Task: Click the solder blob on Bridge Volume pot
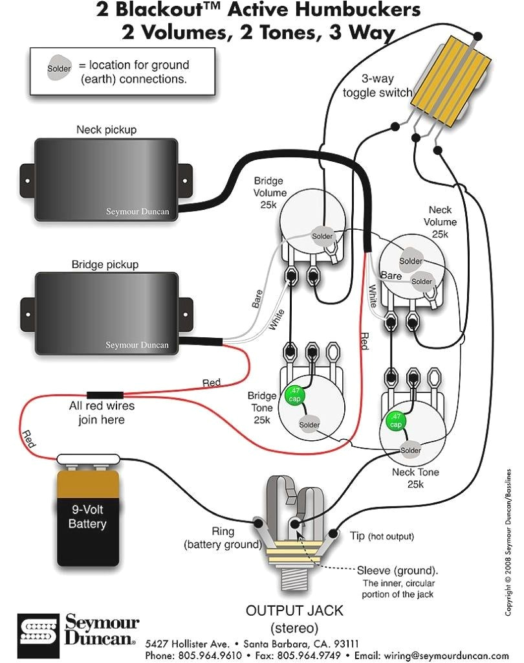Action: [x=322, y=235]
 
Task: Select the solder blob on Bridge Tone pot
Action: [x=309, y=425]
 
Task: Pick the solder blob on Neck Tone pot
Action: [x=410, y=450]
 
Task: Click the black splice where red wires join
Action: [x=105, y=394]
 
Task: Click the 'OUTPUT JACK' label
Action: [x=294, y=611]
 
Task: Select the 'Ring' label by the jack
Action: [x=223, y=531]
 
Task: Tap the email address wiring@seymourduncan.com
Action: [x=446, y=655]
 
